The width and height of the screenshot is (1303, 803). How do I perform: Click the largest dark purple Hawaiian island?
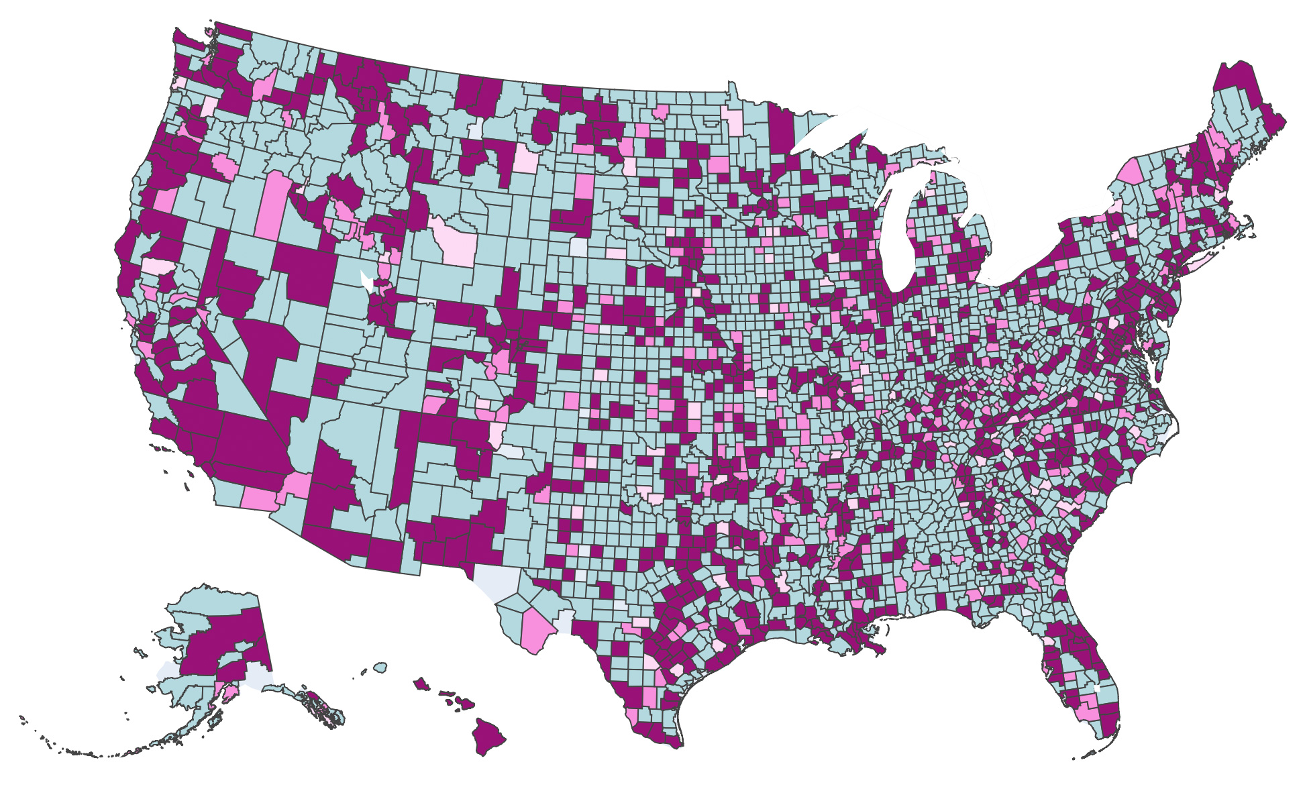(488, 736)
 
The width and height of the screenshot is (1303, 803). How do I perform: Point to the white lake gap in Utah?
(366, 280)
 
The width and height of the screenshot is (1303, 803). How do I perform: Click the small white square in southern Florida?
(1098, 688)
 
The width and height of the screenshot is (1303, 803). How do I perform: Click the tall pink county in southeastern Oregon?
(271, 204)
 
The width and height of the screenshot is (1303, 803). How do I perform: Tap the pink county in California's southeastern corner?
(258, 498)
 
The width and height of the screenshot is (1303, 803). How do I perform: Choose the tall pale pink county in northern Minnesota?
(733, 121)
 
